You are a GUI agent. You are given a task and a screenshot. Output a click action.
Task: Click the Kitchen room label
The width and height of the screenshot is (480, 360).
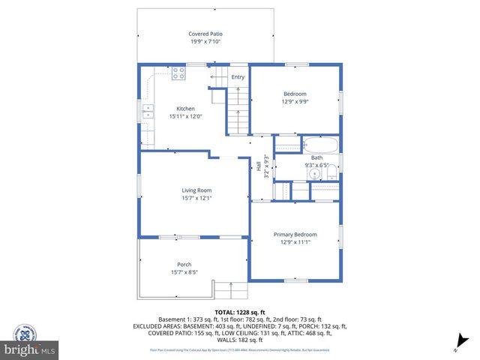coord(185,109)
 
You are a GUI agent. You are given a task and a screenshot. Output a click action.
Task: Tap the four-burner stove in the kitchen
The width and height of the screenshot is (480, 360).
coord(179,73)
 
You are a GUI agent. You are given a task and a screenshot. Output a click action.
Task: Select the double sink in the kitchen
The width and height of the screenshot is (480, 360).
coord(148,113)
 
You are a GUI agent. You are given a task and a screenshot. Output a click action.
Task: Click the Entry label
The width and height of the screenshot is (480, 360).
coord(238,76)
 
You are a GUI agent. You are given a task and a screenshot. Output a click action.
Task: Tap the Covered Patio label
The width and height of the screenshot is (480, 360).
coord(205,34)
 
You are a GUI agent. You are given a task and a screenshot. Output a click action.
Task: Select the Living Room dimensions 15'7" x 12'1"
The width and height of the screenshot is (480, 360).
coord(196,198)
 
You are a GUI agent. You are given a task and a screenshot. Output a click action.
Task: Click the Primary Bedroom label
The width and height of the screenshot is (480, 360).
coord(295,234)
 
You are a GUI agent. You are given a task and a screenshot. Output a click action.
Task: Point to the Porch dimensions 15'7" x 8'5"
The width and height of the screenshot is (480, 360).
coord(184,271)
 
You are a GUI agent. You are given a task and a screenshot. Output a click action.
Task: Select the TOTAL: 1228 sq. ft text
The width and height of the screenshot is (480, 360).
coord(240,311)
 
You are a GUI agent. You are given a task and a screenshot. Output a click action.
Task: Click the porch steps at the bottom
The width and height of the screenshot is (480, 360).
coord(231,289)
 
